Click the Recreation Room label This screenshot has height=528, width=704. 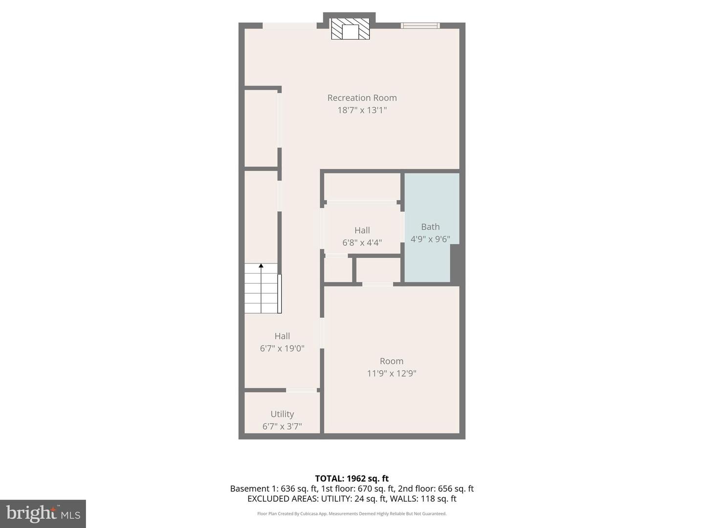pos(362,98)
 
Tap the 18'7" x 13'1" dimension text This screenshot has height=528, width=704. pos(362,110)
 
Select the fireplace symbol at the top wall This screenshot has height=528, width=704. pos(350,29)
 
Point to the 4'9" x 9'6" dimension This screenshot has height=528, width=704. pos(430,239)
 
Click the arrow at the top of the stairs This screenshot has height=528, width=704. pos(261,266)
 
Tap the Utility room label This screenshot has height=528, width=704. pos(282,414)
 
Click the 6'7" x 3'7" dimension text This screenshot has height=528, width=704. pos(282,426)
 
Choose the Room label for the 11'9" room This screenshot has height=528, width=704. pos(392,361)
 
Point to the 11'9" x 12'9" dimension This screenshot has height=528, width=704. pos(392,374)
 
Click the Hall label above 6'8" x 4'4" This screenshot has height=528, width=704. pos(362,230)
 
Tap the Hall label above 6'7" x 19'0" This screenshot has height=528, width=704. pos(282,336)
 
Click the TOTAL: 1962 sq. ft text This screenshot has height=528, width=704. pos(352,479)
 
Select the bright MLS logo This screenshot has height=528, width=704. pos(43,513)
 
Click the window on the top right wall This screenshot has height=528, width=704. pos(420,25)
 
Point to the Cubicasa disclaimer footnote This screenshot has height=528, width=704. pos(352,514)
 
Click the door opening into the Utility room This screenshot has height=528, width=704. pos(301,390)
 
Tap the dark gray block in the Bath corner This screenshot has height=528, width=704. pos(457,264)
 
